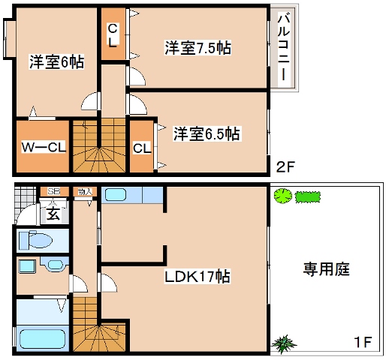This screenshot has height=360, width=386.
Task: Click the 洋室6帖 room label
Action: [x=56, y=61]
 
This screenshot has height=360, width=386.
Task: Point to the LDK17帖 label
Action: [x=198, y=276]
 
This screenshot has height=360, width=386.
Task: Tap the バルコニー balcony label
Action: [x=284, y=48]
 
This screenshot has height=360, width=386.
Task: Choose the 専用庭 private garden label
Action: [x=327, y=268]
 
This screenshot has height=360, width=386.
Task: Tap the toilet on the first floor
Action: [x=36, y=241]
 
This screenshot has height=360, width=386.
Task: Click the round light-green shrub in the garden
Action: [x=282, y=197]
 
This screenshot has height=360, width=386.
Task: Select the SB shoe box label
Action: [x=54, y=192]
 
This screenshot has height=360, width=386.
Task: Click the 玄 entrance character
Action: [x=53, y=214]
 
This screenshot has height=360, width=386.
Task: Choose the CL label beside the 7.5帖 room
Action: [x=112, y=34]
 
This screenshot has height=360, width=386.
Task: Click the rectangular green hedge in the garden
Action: [x=307, y=197]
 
